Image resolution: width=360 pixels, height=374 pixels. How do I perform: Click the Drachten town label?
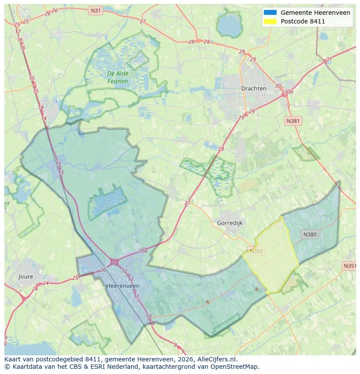click(253, 88)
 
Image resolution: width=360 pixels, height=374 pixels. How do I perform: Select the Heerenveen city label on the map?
click(123, 286)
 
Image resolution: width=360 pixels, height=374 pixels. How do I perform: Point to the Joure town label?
click(26, 276)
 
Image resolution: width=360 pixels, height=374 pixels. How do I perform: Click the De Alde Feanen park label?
click(117, 77)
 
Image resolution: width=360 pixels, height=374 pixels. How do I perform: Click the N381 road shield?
click(293, 121)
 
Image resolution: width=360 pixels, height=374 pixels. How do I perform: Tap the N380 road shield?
click(310, 235)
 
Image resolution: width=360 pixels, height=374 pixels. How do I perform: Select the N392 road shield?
click(256, 251)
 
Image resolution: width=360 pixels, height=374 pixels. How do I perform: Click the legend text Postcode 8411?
click(303, 21)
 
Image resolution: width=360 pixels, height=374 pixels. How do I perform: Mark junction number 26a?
click(143, 251)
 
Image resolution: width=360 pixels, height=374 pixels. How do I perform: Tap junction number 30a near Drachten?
click(288, 92)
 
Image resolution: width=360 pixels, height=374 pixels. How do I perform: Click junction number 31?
click(329, 60)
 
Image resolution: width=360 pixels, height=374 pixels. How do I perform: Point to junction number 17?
click(18, 32)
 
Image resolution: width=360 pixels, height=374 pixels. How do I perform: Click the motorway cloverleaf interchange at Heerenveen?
click(115, 262)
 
